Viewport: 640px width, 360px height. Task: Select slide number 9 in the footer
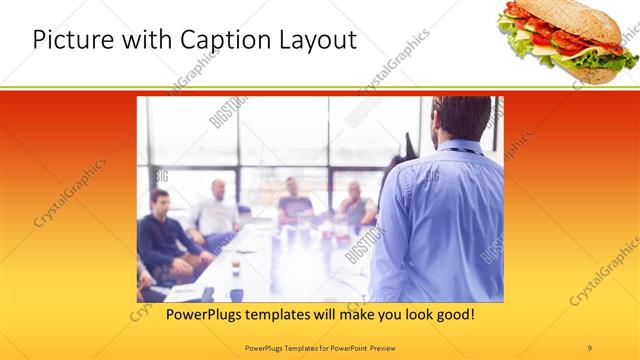pos(590,347)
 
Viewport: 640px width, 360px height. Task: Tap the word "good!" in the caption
pos(452,315)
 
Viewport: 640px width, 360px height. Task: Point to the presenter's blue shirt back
pos(440,220)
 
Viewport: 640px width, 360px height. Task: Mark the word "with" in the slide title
pos(131,41)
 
